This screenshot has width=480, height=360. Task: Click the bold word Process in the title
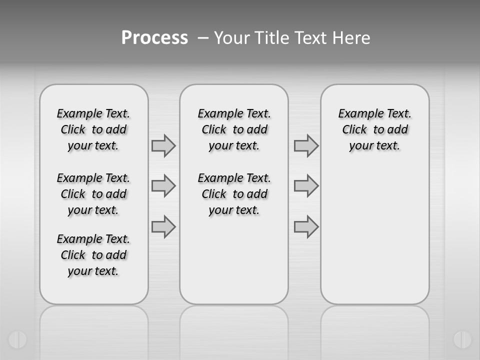pyautogui.click(x=154, y=38)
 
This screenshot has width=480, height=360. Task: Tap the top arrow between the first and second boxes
pyautogui.click(x=163, y=145)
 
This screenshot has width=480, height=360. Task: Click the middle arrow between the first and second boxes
pyautogui.click(x=163, y=186)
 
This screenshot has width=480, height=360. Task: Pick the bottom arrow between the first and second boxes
pyautogui.click(x=163, y=226)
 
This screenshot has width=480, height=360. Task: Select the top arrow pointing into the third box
pyautogui.click(x=306, y=145)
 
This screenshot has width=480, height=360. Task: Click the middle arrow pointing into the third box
pyautogui.click(x=306, y=186)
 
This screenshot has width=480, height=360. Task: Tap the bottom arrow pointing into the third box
pyautogui.click(x=306, y=226)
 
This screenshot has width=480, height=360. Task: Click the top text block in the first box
pyautogui.click(x=93, y=129)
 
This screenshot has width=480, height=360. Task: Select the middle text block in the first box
pyautogui.click(x=93, y=194)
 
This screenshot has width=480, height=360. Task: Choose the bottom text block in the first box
pyautogui.click(x=93, y=255)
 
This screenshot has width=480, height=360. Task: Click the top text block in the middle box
pyautogui.click(x=234, y=129)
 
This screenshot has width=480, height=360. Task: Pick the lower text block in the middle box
pyautogui.click(x=234, y=194)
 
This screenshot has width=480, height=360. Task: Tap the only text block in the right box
pyautogui.click(x=375, y=129)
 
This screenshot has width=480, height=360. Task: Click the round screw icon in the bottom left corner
pyautogui.click(x=17, y=339)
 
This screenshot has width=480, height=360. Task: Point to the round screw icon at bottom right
pyautogui.click(x=462, y=339)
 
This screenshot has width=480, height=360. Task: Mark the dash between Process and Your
pyautogui.click(x=203, y=38)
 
